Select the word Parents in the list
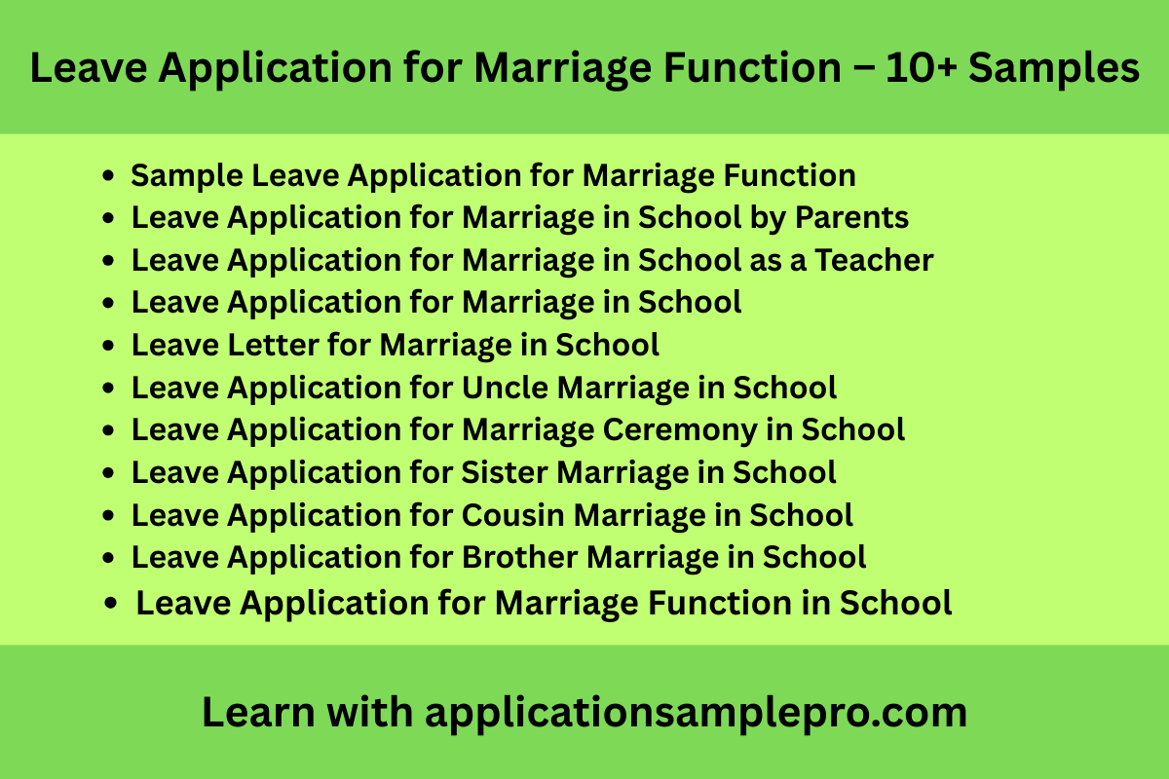(852, 217)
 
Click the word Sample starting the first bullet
(186, 175)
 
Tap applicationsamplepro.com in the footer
(696, 713)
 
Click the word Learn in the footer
(257, 713)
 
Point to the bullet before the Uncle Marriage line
(109, 388)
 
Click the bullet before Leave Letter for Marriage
(109, 345)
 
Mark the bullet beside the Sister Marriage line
(109, 472)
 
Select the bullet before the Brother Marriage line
(109, 558)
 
